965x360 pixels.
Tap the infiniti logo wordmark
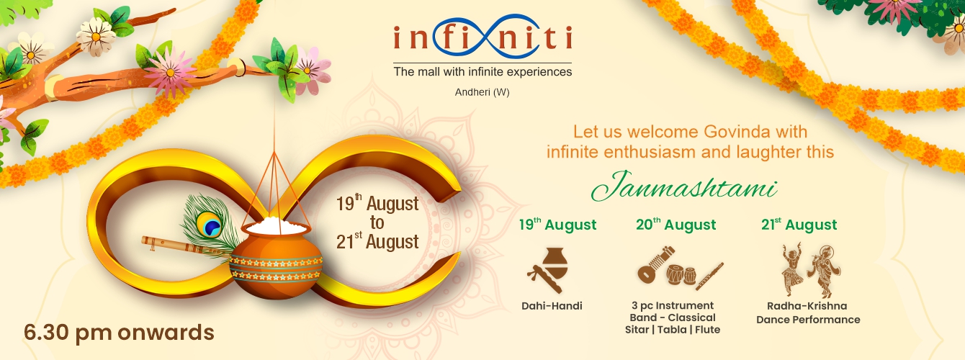[x=482, y=37]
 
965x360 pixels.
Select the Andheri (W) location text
[x=482, y=92]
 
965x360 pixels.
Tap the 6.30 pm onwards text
[x=119, y=333]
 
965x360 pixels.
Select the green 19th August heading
[x=557, y=225]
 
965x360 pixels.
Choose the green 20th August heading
[x=676, y=225]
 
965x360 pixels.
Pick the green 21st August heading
[x=799, y=225]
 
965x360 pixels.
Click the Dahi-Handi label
[x=552, y=306]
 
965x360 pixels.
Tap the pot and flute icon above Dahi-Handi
[x=548, y=270]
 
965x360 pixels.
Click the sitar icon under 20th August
[x=655, y=264]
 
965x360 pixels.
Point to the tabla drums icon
[x=682, y=275]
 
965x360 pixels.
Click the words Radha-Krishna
[x=807, y=306]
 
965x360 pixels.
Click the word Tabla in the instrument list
[x=672, y=330]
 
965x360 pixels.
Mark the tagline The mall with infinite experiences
[x=482, y=72]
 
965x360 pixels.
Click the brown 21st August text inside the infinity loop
[x=377, y=242]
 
